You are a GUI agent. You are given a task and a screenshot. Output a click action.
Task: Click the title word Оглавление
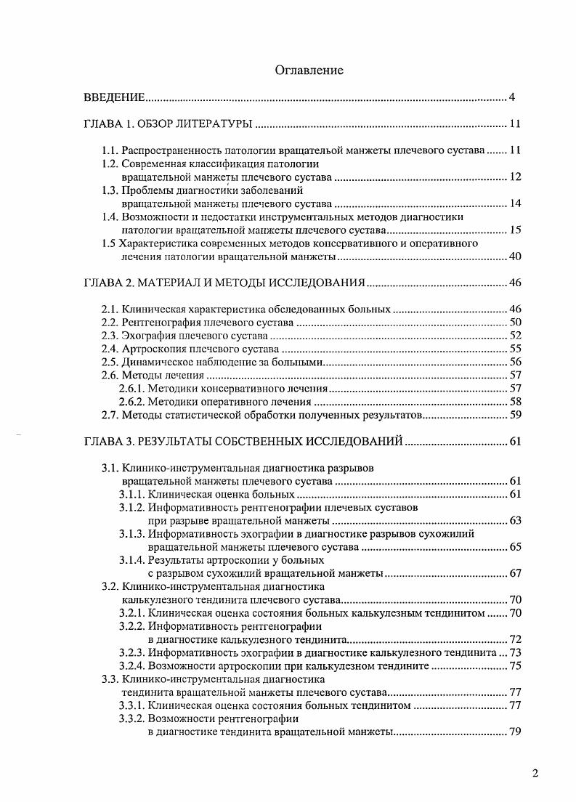pyautogui.click(x=309, y=70)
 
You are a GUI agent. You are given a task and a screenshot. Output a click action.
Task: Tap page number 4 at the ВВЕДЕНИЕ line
pyautogui.click(x=512, y=97)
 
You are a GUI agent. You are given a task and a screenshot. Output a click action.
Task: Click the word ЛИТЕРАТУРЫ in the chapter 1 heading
pyautogui.click(x=216, y=124)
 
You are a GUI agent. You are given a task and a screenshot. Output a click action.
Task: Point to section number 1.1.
pyautogui.click(x=110, y=150)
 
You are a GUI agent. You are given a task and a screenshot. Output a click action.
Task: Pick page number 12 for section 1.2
pyautogui.click(x=515, y=177)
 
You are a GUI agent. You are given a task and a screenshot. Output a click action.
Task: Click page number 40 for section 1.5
pyautogui.click(x=515, y=256)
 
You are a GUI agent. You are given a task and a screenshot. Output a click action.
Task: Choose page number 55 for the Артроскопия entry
pyautogui.click(x=515, y=349)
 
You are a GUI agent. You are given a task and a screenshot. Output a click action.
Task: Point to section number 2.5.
pyautogui.click(x=110, y=362)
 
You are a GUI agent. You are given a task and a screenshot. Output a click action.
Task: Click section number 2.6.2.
pyautogui.click(x=131, y=402)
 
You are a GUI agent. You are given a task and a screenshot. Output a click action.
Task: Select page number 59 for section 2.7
pyautogui.click(x=515, y=416)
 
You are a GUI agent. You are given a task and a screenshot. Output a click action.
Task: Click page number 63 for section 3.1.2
pyautogui.click(x=515, y=521)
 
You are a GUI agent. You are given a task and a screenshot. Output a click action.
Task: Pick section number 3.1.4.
pyautogui.click(x=131, y=560)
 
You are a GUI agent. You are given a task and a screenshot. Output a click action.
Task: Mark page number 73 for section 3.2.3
pyautogui.click(x=515, y=652)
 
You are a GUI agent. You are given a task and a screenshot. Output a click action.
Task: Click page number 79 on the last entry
pyautogui.click(x=515, y=732)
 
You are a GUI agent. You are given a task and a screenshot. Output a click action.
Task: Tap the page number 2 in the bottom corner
pyautogui.click(x=535, y=773)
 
